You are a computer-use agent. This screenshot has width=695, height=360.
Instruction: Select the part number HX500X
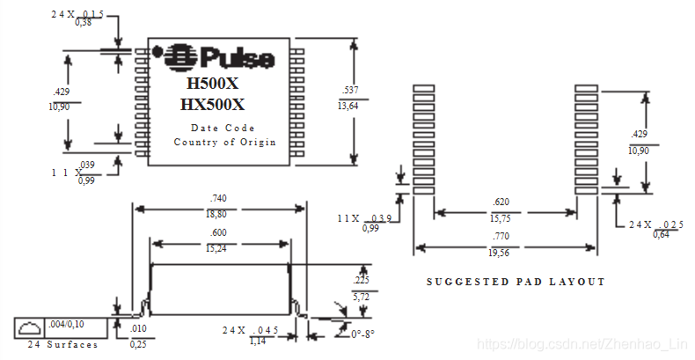click(212, 105)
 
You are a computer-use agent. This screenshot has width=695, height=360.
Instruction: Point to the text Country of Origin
click(224, 142)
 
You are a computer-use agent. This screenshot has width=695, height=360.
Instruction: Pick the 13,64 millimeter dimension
click(347, 106)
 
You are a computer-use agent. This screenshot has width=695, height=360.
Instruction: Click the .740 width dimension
click(219, 199)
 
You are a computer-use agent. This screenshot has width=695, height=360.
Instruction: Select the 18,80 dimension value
click(219, 214)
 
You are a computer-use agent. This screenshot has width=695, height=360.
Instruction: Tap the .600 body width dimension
click(220, 232)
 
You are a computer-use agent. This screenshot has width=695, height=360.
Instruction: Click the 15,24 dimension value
click(220, 248)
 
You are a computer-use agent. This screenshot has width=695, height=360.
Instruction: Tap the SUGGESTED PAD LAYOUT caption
click(516, 282)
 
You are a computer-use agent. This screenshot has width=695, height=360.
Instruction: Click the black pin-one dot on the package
click(158, 52)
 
